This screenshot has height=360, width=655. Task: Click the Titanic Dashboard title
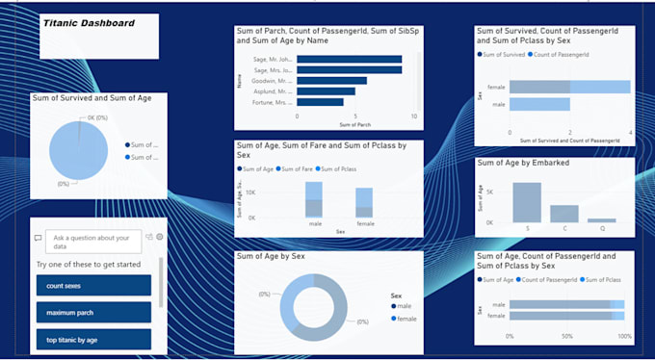tap(89, 22)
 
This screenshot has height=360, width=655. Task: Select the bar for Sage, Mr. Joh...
tap(349, 59)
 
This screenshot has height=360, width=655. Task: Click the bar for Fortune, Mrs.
tap(320, 102)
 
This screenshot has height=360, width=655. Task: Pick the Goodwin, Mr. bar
tap(331, 81)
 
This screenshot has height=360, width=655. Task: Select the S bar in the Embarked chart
tap(527, 202)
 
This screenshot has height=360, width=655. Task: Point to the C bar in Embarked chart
tap(564, 214)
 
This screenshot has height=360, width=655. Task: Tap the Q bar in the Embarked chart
tap(601, 220)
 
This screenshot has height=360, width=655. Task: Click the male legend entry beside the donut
tap(402, 306)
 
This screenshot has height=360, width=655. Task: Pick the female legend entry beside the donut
tap(405, 319)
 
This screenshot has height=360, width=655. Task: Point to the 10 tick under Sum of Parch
tap(413, 116)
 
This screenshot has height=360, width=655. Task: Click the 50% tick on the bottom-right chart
tap(566, 336)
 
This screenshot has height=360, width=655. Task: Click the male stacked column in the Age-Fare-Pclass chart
tap(313, 199)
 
